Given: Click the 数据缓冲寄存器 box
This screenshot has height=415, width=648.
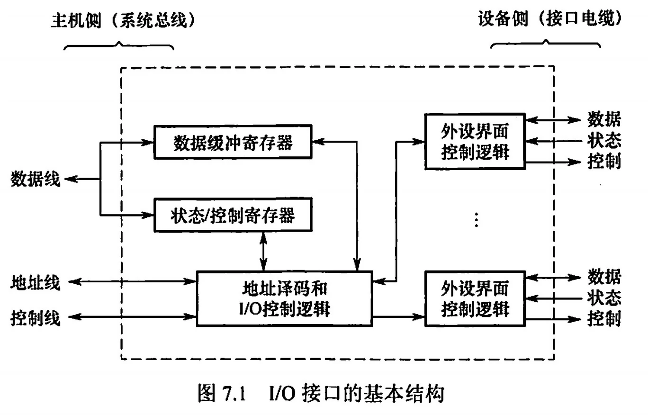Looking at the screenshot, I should coord(233,142).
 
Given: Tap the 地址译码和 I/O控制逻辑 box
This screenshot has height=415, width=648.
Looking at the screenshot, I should coord(284,298).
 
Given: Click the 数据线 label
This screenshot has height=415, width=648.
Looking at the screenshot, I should coord(36,180).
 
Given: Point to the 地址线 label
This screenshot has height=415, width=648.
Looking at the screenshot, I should coord(36,283).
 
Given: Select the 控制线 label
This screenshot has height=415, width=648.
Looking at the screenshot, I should coord(36,318).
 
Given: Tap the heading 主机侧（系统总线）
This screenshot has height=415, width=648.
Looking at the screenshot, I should coord(123,21).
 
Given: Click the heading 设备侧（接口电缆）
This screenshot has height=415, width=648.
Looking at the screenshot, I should coord(549,19).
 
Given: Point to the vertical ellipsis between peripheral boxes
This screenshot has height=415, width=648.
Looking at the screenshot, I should coord(477,219).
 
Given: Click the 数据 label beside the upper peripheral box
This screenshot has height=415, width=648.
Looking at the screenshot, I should coord(604,119).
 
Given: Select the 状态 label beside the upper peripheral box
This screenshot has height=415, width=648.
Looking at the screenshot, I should coord(604,141).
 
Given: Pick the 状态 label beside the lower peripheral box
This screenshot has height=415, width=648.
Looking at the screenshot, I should coord(604,298).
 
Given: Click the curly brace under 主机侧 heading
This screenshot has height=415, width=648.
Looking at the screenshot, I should coord(118,45).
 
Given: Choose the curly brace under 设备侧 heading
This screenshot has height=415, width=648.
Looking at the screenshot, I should coord(545,44).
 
